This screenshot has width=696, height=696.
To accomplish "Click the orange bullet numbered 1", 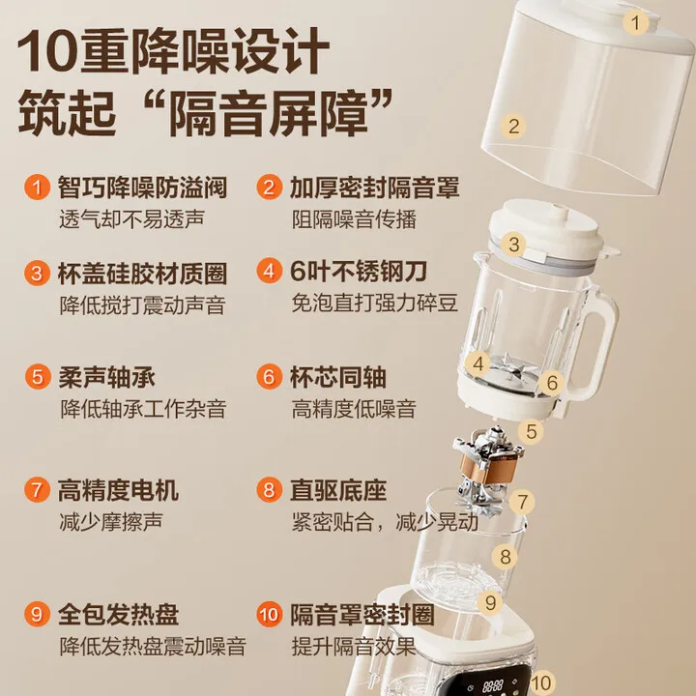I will pyautogui.click(x=36, y=187).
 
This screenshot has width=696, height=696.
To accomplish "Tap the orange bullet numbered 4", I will pyautogui.click(x=269, y=272).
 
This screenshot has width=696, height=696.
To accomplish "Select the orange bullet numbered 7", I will pyautogui.click(x=36, y=490).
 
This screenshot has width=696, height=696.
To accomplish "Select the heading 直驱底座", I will pyautogui.click(x=338, y=490).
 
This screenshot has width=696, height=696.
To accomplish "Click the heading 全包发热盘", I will pyautogui.click(x=119, y=614).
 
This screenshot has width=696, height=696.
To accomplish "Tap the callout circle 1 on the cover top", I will pyautogui.click(x=635, y=20).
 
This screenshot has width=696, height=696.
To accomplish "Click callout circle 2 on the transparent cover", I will pyautogui.click(x=514, y=126).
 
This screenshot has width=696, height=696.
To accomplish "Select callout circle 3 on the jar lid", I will pyautogui.click(x=514, y=245).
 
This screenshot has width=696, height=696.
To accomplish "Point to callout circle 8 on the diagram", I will pyautogui.click(x=505, y=557).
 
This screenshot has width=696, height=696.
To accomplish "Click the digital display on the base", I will pyautogui.click(x=496, y=685).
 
